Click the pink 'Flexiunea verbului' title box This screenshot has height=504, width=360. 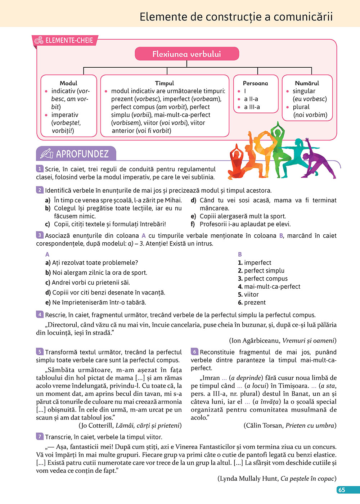(x=187, y=54)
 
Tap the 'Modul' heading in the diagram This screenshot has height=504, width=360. (x=68, y=83)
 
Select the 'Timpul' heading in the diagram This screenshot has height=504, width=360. (x=165, y=83)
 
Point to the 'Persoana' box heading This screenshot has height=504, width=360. (x=255, y=83)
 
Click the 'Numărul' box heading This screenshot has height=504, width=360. (x=307, y=83)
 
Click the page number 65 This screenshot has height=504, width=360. (x=342, y=490)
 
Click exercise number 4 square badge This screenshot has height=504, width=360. (x=40, y=315)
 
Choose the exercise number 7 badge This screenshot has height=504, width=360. (x=40, y=436)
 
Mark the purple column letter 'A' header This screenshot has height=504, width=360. (x=47, y=254)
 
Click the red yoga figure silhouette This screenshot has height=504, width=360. (x=236, y=164)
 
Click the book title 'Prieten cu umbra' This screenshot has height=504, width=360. (x=310, y=426)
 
